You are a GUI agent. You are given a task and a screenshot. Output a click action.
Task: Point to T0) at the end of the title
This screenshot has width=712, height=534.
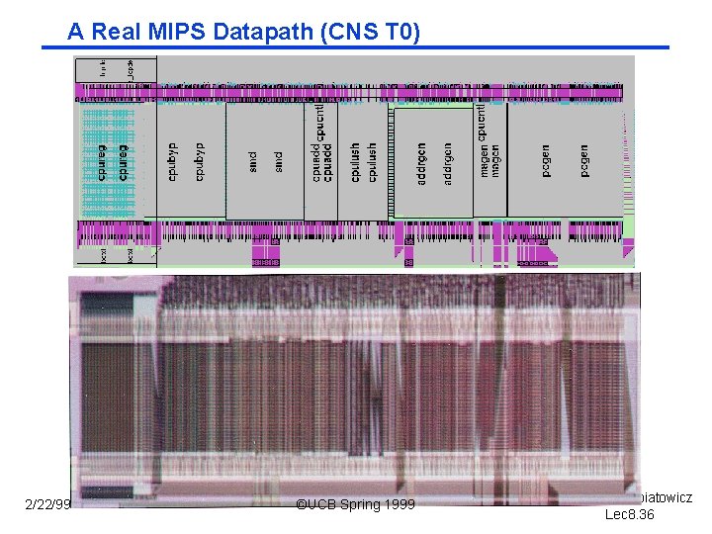point(400,33)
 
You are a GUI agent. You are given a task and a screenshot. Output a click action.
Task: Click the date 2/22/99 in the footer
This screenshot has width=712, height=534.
point(47,505)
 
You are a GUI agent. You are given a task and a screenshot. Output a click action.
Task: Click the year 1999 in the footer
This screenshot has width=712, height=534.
point(400,505)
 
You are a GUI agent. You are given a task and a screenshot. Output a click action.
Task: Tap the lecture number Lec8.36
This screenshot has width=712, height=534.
point(630,514)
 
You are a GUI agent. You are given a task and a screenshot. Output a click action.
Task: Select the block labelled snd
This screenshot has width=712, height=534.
point(264,159)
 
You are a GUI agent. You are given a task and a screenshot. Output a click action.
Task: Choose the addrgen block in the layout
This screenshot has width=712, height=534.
point(433,163)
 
